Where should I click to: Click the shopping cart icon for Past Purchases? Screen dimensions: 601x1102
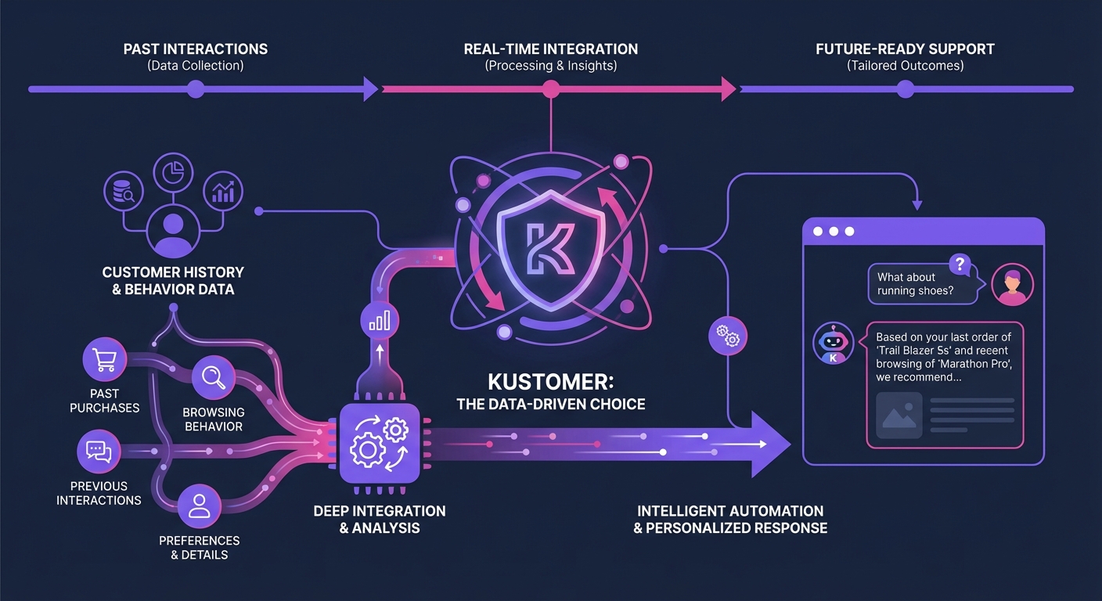point(104,359)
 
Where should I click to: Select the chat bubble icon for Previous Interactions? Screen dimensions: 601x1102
point(99,452)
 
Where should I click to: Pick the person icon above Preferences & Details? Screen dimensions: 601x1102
point(200,506)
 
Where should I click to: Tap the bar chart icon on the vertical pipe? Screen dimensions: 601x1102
point(379,321)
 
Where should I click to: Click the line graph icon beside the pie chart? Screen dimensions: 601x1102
point(223,191)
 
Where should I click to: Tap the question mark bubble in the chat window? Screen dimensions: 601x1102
point(959,264)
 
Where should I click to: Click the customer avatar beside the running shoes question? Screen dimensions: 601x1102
point(1012,284)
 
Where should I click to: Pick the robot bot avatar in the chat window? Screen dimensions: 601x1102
point(833,343)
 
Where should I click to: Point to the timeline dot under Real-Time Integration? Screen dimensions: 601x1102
point(551,89)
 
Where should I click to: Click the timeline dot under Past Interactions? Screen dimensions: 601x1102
point(196,89)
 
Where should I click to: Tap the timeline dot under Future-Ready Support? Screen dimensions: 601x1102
point(906,89)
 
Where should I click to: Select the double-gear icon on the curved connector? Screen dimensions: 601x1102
point(727,336)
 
